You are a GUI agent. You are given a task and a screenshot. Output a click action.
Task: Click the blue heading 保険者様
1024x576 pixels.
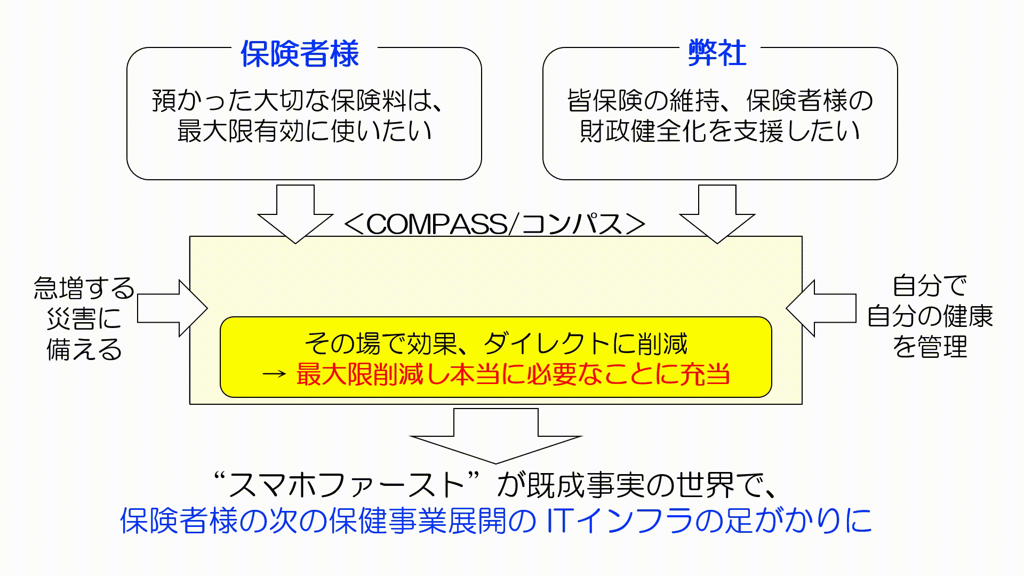[x=300, y=53]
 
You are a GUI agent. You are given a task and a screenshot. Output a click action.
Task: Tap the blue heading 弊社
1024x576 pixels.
[x=717, y=53]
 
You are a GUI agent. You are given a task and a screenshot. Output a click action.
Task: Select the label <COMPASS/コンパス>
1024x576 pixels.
[x=494, y=224]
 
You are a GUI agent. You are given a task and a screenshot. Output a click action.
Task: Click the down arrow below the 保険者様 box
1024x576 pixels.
[x=295, y=213]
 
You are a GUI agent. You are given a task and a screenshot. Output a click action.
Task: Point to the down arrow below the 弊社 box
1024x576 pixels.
[x=717, y=213]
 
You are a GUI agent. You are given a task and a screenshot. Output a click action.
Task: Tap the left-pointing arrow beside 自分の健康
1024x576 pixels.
[x=821, y=308]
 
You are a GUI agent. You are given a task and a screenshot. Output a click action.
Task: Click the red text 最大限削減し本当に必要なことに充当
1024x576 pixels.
[x=513, y=375]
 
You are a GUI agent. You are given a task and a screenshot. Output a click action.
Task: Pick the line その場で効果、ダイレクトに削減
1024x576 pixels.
[x=496, y=344]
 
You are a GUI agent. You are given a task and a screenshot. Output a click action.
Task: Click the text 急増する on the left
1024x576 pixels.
[x=84, y=288]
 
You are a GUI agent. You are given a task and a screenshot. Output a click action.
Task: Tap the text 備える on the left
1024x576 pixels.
[x=84, y=350]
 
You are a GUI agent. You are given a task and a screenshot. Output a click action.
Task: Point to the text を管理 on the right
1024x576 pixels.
[x=930, y=347]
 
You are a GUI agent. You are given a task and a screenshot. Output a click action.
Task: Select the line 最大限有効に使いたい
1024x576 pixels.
[x=304, y=131]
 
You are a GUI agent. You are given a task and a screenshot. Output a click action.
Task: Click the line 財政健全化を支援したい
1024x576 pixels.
[x=719, y=131]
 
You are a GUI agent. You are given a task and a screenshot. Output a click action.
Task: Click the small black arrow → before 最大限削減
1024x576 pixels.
[x=275, y=375]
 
